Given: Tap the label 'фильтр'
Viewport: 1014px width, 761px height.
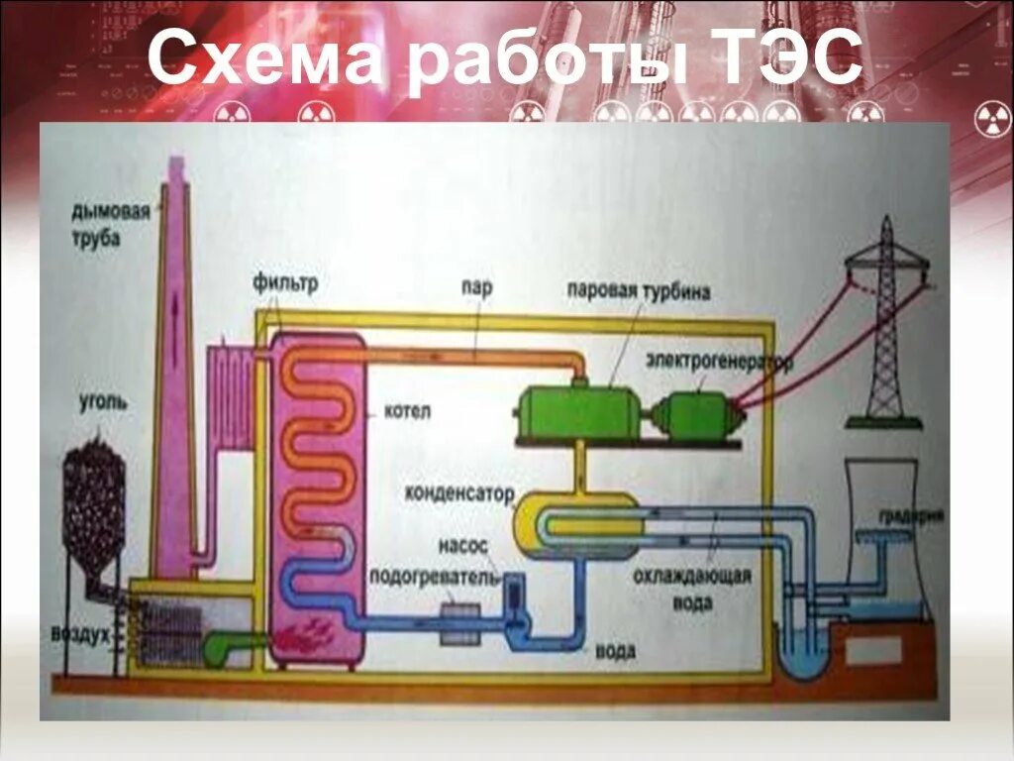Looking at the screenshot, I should pyautogui.click(x=285, y=285).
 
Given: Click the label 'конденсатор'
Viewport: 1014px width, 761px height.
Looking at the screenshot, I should pyautogui.click(x=460, y=492).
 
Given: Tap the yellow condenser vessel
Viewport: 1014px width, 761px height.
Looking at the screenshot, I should pyautogui.click(x=575, y=526).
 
